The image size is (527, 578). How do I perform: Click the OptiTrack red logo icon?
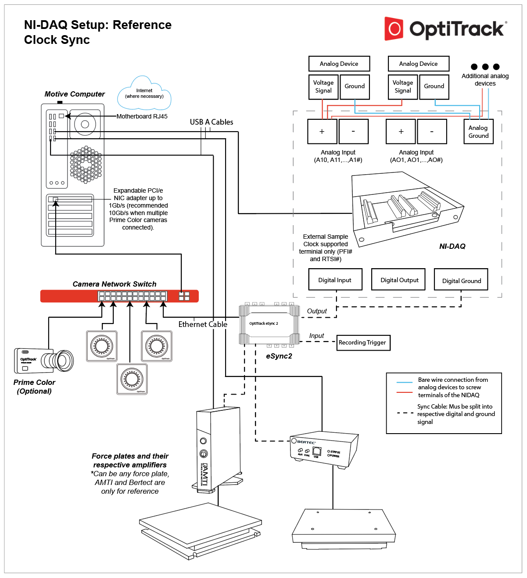[x=394, y=29]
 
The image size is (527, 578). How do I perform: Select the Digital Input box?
[x=335, y=280]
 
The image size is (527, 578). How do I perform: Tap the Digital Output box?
[x=399, y=280]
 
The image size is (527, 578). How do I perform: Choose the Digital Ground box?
[x=461, y=280]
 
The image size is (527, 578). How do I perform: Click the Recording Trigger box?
[x=362, y=342]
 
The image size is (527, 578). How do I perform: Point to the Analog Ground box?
[x=478, y=132]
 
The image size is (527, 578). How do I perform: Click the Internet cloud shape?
[x=144, y=94]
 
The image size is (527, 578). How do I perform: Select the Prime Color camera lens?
[x=64, y=361]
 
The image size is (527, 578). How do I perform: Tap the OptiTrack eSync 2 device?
[x=269, y=324]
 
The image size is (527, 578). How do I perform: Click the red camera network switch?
[x=119, y=296]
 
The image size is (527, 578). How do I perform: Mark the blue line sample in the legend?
[x=404, y=382]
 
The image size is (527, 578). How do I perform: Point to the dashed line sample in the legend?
[x=404, y=413]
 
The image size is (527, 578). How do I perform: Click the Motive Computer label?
[x=75, y=94]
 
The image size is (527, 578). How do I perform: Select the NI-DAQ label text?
[x=452, y=246]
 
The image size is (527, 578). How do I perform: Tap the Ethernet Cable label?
[x=203, y=324]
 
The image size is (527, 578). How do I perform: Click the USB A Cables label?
[x=212, y=122]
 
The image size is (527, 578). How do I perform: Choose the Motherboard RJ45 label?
[x=142, y=116]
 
